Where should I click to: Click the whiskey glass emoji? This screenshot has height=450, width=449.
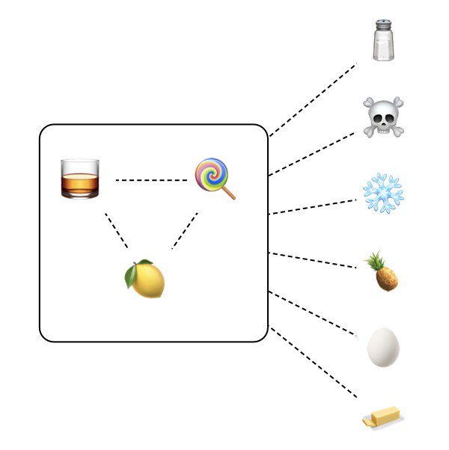(79, 178)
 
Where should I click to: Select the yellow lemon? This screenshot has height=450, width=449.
(144, 280)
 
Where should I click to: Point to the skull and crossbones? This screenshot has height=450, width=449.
(383, 117)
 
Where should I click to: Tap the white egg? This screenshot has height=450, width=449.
(383, 348)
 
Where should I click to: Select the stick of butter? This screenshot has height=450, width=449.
(382, 419)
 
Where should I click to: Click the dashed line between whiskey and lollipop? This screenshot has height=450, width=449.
(151, 180)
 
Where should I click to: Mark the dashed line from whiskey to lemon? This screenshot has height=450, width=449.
(117, 230)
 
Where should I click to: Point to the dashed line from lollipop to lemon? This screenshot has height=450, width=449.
(185, 230)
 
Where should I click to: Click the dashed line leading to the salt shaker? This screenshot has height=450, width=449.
(313, 100)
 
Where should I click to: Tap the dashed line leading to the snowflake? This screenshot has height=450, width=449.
(313, 207)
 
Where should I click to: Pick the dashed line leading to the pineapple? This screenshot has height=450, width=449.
(313, 260)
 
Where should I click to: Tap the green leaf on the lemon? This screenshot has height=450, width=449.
(132, 276)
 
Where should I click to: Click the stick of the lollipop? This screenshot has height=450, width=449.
(228, 191)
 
